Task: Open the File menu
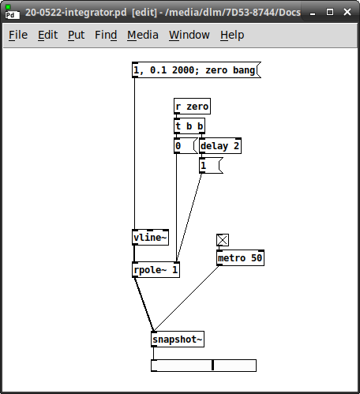click(18, 35)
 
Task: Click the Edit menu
click(47, 35)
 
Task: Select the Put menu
click(76, 35)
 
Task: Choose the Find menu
click(106, 35)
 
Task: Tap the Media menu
click(143, 35)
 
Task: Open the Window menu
click(189, 35)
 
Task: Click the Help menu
click(232, 35)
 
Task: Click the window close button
click(347, 12)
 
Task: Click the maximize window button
click(330, 12)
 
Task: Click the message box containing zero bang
click(197, 70)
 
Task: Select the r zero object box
click(192, 107)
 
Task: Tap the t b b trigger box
click(189, 126)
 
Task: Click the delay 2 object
click(220, 146)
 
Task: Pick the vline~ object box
click(150, 238)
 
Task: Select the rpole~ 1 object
click(156, 270)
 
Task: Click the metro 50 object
click(240, 258)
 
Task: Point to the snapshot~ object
click(178, 340)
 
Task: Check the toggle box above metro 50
click(223, 240)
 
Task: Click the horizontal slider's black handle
click(212, 366)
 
